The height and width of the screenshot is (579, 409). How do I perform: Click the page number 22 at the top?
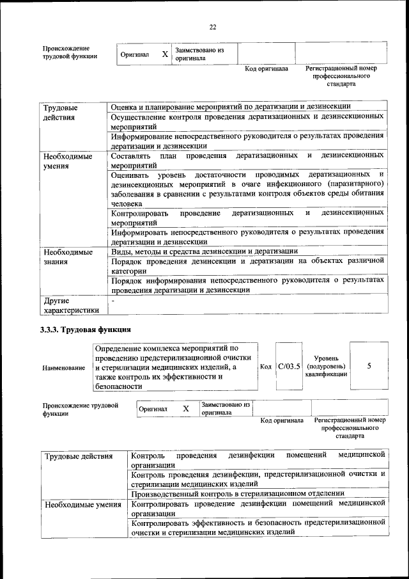point(213,26)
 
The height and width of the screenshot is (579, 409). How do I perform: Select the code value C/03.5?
point(288,367)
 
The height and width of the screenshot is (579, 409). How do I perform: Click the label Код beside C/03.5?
point(266,367)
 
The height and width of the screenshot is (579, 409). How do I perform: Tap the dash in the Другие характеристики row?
point(113,299)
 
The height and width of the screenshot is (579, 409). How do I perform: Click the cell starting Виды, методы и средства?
point(204,251)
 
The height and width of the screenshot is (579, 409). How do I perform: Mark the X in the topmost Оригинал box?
point(164,54)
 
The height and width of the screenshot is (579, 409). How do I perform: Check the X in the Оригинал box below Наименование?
point(186,409)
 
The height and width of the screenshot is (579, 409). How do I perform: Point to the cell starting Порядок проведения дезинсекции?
point(247,266)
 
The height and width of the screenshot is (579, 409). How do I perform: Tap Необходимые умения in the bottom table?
point(82,505)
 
